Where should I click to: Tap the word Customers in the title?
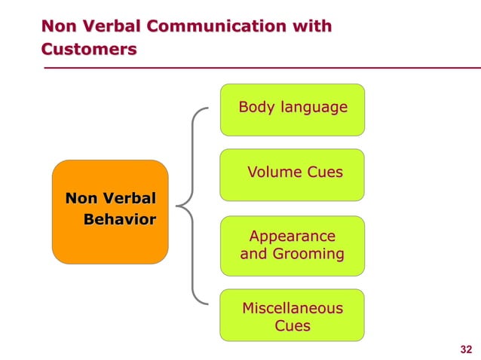[x=89, y=50]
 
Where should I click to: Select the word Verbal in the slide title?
[x=113, y=27]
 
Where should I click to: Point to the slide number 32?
[x=465, y=349]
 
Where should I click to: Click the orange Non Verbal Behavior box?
[x=110, y=211]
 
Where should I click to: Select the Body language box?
[x=292, y=109]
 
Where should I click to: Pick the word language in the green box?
[x=313, y=108]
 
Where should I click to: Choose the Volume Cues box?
[x=292, y=174]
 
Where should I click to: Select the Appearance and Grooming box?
[x=292, y=246]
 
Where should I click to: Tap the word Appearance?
[x=293, y=236]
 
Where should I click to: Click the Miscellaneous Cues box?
[x=292, y=316]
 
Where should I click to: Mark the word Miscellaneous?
[x=293, y=308]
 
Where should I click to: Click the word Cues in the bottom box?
[x=293, y=326]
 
